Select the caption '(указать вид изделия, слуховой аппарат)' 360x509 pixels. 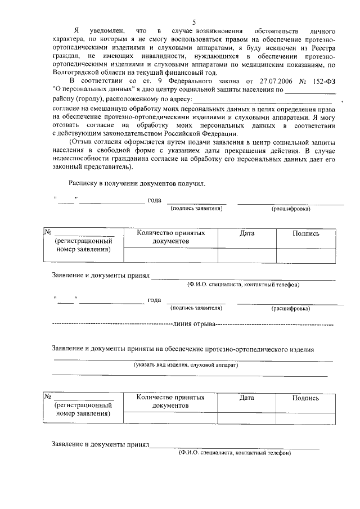pos(186,365)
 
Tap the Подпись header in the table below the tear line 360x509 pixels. pos(305,398)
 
